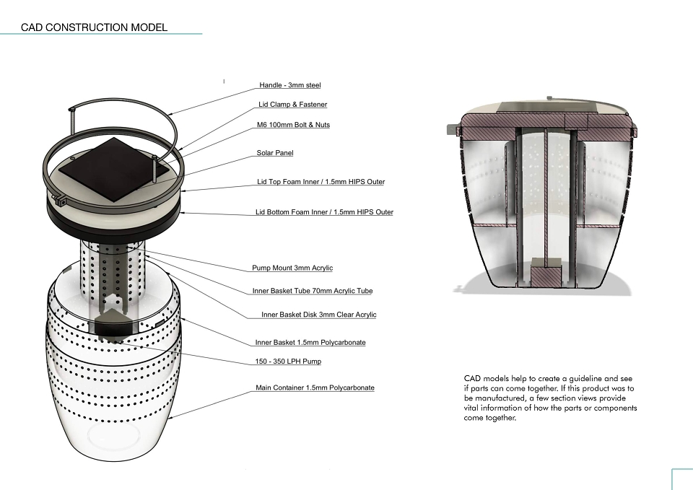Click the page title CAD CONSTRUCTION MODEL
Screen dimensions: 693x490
pos(94,27)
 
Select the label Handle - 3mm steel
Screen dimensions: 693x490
pos(290,85)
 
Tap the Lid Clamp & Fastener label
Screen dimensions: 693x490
pos(292,104)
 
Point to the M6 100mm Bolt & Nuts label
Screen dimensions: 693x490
pos(294,125)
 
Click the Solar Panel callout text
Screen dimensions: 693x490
pos(275,153)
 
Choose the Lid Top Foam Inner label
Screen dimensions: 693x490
pos(321,182)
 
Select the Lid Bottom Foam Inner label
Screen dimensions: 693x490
pos(324,212)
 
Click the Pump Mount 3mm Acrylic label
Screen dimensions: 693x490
pos(292,268)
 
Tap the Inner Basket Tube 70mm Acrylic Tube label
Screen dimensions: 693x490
pos(313,291)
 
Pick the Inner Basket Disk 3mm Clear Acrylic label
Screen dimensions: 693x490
pos(318,315)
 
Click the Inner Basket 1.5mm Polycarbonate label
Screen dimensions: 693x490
pos(310,343)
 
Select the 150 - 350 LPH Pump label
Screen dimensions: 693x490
pos(288,362)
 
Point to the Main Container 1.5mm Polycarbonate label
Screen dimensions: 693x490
pos(315,388)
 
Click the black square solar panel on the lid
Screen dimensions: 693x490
pos(113,169)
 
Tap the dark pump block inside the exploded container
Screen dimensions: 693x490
pos(114,326)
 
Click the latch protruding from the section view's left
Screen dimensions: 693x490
pos(453,129)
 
